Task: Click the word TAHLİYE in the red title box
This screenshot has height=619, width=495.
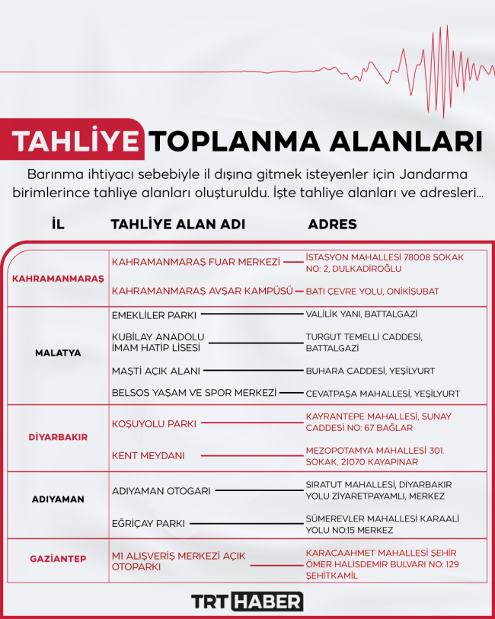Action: [x=78, y=141]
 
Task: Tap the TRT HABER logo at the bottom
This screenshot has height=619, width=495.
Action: [x=247, y=601]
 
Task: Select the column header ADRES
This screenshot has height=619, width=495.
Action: [x=332, y=225]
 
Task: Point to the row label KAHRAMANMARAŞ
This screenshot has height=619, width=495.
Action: [x=58, y=279]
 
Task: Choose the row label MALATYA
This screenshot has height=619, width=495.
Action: [x=58, y=353]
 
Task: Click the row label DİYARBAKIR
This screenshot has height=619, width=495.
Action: [x=58, y=438]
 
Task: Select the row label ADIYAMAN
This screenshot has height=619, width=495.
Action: [x=58, y=499]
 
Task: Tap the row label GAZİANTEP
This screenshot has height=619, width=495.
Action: [x=58, y=559]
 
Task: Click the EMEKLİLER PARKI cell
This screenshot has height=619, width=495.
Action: [x=154, y=314]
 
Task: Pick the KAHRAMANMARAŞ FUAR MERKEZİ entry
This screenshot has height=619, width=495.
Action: [x=196, y=262]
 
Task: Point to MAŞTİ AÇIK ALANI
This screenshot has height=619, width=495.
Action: [x=156, y=371]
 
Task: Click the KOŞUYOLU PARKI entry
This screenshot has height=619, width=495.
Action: [x=155, y=423]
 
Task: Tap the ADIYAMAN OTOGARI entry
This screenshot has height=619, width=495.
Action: [x=161, y=491]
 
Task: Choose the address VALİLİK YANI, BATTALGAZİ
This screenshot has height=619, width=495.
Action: [x=361, y=314]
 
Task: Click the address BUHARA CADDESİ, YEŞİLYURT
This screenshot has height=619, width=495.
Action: [x=370, y=371]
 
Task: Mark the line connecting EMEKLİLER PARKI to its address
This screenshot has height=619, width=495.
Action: [x=251, y=314]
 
